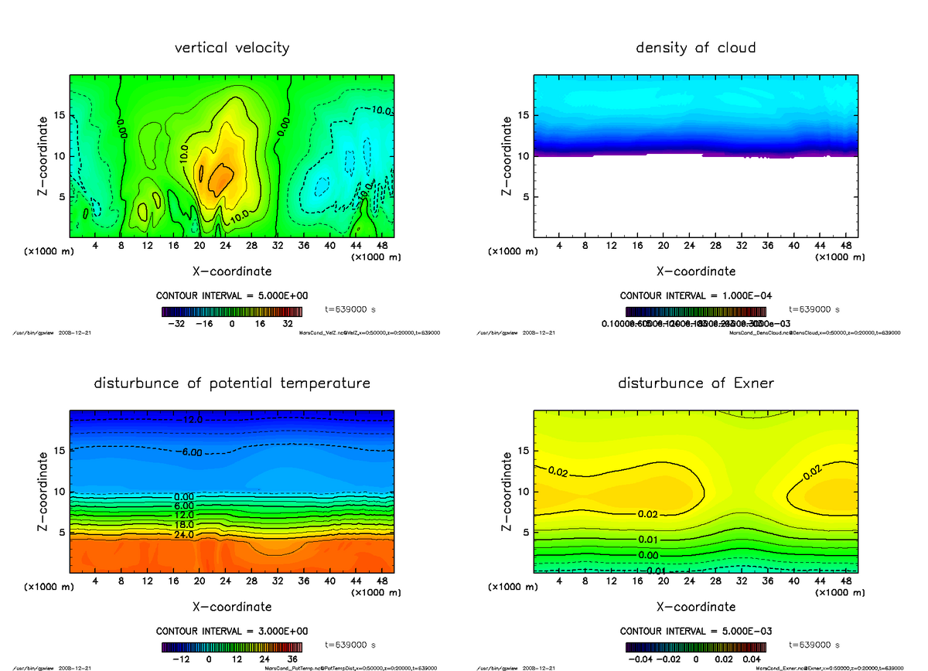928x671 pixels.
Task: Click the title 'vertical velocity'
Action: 232,48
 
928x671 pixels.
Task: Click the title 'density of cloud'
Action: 695,48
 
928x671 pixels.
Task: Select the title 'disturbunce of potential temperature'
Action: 232,383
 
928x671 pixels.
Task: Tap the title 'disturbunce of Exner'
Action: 695,383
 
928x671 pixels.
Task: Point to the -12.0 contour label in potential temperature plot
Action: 191,420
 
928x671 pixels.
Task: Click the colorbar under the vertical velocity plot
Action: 232,312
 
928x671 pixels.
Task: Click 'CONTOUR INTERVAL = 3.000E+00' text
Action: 232,631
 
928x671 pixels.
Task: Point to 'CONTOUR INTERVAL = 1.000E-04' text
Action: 695,296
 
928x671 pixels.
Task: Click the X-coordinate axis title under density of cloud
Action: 695,271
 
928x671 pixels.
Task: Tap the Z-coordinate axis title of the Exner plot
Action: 507,490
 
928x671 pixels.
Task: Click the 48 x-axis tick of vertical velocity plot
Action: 382,246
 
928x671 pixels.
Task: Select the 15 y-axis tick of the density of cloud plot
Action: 523,116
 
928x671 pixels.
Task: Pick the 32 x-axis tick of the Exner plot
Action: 742,580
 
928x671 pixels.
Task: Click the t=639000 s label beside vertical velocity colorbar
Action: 350,309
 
